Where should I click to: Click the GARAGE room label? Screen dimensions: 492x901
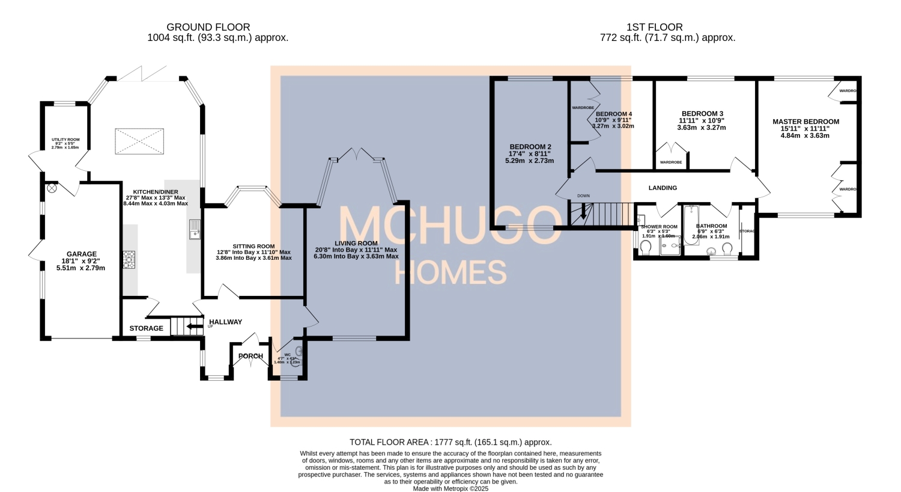[x=81, y=254]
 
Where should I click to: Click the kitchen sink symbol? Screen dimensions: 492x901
[x=195, y=229]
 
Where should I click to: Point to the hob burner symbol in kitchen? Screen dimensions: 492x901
[x=129, y=259]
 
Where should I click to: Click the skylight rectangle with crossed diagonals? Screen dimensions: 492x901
[x=139, y=141]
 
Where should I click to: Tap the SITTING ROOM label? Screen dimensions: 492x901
[x=253, y=246]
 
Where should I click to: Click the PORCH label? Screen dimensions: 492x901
[x=250, y=356]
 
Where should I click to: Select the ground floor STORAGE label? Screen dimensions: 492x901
[x=146, y=328]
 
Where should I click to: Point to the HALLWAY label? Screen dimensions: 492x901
[x=225, y=322]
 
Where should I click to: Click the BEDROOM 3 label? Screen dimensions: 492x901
[x=702, y=114]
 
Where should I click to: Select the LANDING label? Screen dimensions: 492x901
[x=663, y=188]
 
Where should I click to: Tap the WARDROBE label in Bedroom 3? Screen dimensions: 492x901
[x=670, y=162]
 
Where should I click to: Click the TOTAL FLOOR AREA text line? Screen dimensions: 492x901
[x=450, y=442]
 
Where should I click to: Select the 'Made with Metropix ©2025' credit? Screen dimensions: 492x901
[x=450, y=489]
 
